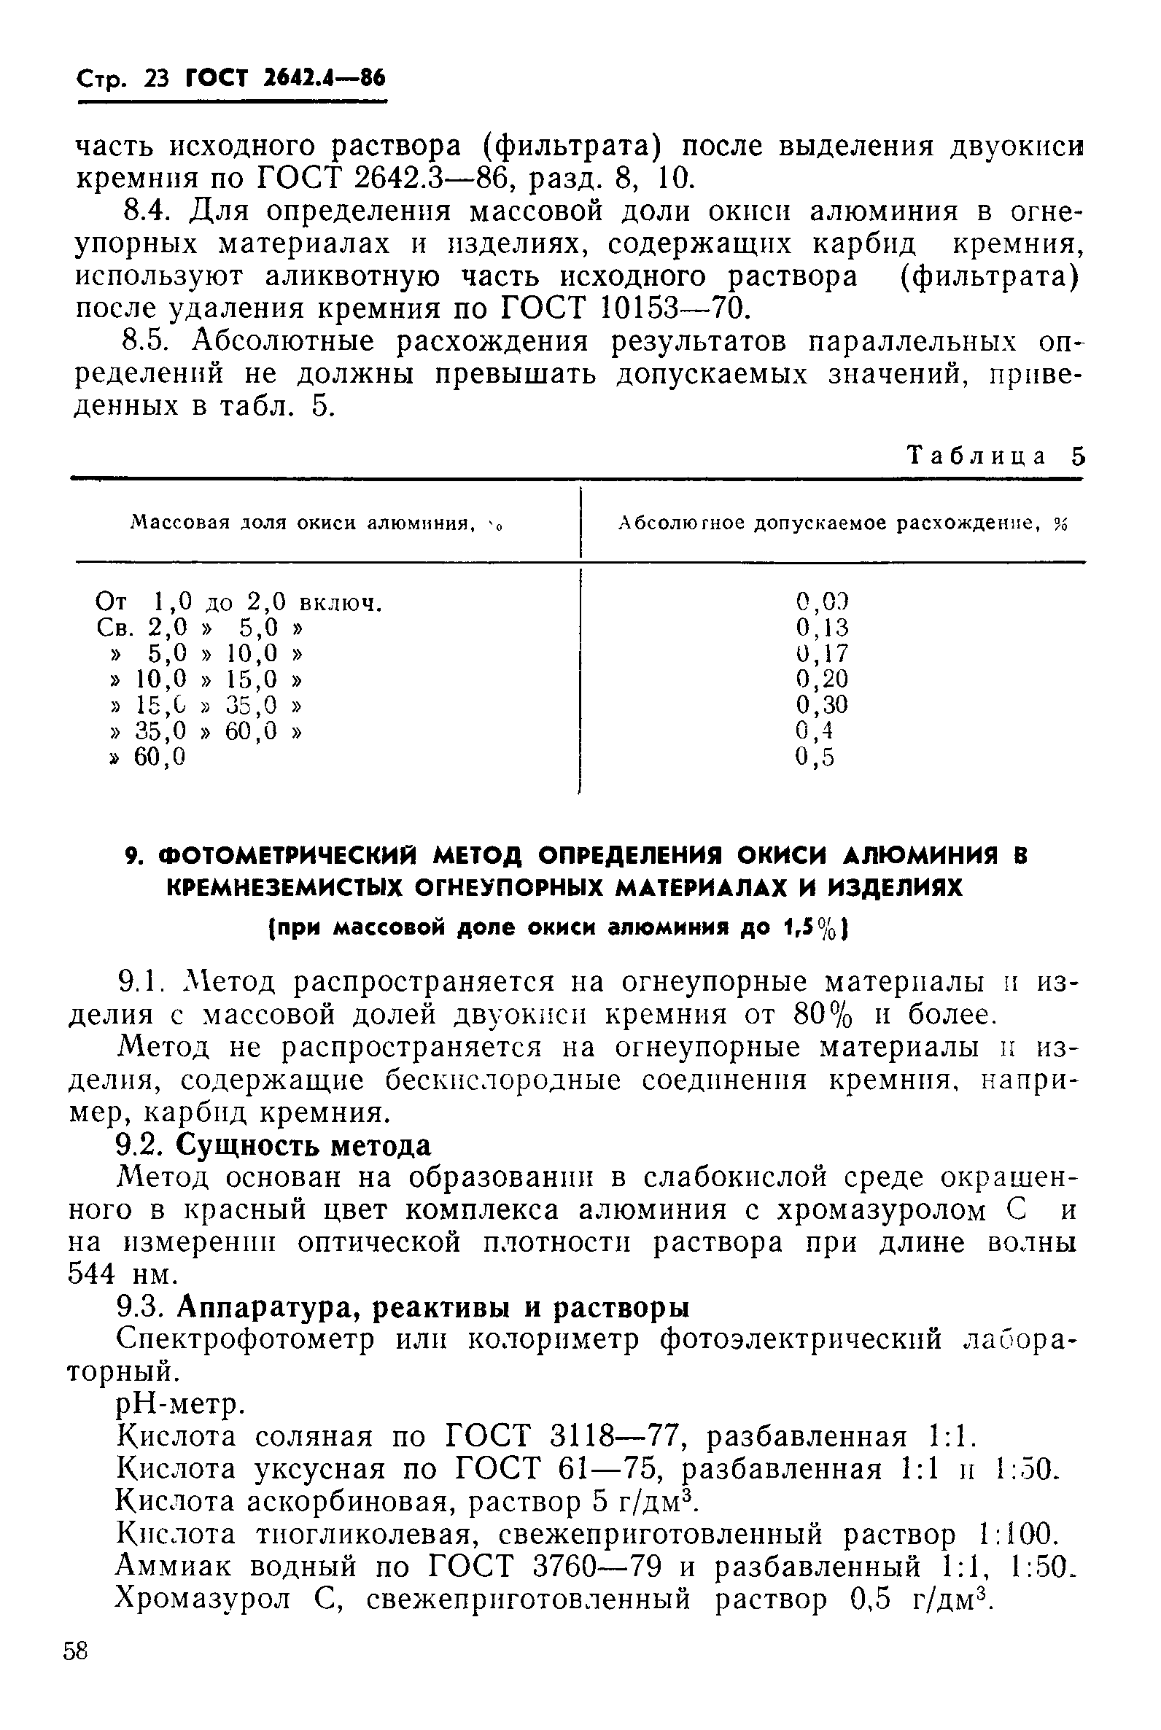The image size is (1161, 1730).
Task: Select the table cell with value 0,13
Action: [822, 628]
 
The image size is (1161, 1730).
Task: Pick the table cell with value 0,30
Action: [822, 704]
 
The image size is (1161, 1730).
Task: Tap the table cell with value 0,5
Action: [815, 756]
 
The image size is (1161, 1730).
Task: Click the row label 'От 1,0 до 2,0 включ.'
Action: [239, 603]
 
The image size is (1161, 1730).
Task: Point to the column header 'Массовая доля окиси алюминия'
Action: [317, 524]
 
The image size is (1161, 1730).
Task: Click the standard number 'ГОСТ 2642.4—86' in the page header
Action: [285, 78]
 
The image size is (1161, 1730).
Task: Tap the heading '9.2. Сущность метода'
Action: [275, 1145]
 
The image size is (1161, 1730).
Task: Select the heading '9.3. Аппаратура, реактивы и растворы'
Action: [403, 1308]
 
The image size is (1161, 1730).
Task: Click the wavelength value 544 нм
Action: [123, 1275]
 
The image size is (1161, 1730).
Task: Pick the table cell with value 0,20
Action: [822, 679]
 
